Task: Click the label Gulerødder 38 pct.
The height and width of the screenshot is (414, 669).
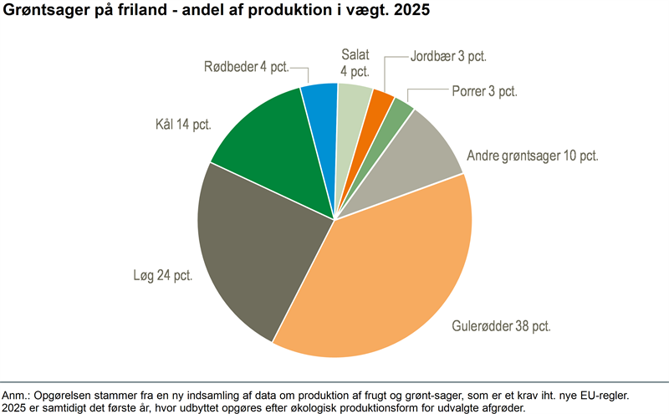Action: pyautogui.click(x=501, y=326)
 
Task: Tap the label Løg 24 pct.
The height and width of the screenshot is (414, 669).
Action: pyautogui.click(x=163, y=275)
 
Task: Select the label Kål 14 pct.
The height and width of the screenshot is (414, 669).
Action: pyautogui.click(x=183, y=124)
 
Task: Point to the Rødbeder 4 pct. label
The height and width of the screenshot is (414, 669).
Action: pyautogui.click(x=247, y=67)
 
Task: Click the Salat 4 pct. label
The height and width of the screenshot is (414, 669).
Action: pyautogui.click(x=355, y=63)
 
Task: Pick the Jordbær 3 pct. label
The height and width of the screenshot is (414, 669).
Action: pyautogui.click(x=448, y=56)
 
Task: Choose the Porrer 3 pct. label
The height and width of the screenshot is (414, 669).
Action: pyautogui.click(x=485, y=91)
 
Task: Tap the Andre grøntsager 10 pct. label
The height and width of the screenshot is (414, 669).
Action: pyautogui.click(x=533, y=156)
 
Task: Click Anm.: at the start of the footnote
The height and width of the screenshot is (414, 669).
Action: pyautogui.click(x=15, y=395)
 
